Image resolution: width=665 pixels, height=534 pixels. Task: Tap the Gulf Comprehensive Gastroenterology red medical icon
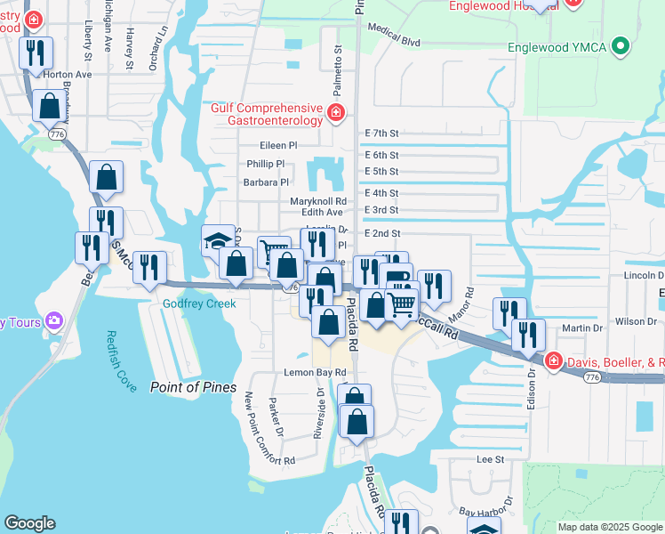point(335,112)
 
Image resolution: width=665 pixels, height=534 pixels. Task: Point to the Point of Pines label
point(193,387)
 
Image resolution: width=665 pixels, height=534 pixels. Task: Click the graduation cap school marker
point(218,240)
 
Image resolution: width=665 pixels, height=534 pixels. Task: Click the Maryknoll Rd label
point(317,201)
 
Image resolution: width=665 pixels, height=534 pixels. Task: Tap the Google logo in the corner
point(30,524)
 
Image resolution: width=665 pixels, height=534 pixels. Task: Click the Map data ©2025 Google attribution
point(609,527)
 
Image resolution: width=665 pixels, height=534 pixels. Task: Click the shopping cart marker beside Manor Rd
point(402,305)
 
